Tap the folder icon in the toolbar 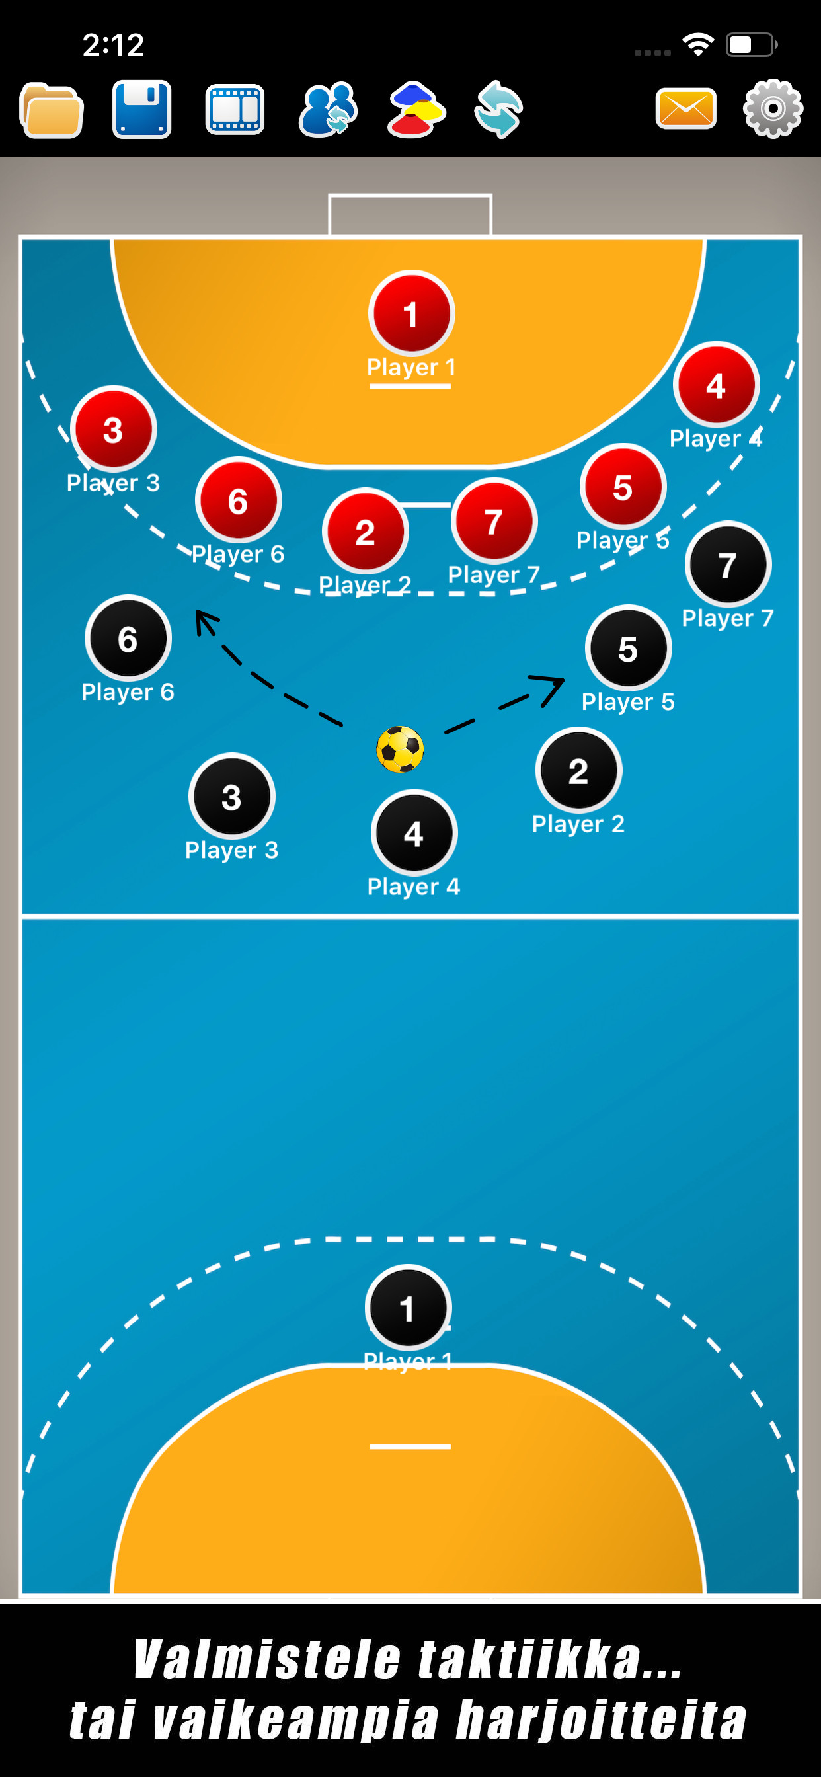(52, 110)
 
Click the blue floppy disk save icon (141, 110)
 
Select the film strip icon (235, 110)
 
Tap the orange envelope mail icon (685, 109)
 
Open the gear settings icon (773, 109)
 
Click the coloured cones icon (416, 110)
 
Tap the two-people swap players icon (328, 110)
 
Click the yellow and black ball (400, 749)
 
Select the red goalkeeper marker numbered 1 (411, 314)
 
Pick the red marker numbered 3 (114, 429)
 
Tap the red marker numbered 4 (717, 385)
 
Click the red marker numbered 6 (238, 500)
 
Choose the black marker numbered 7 (728, 565)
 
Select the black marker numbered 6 (128, 638)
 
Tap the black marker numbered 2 (578, 770)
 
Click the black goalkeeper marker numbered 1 (408, 1307)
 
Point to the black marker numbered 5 (628, 649)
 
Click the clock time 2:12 (113, 46)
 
